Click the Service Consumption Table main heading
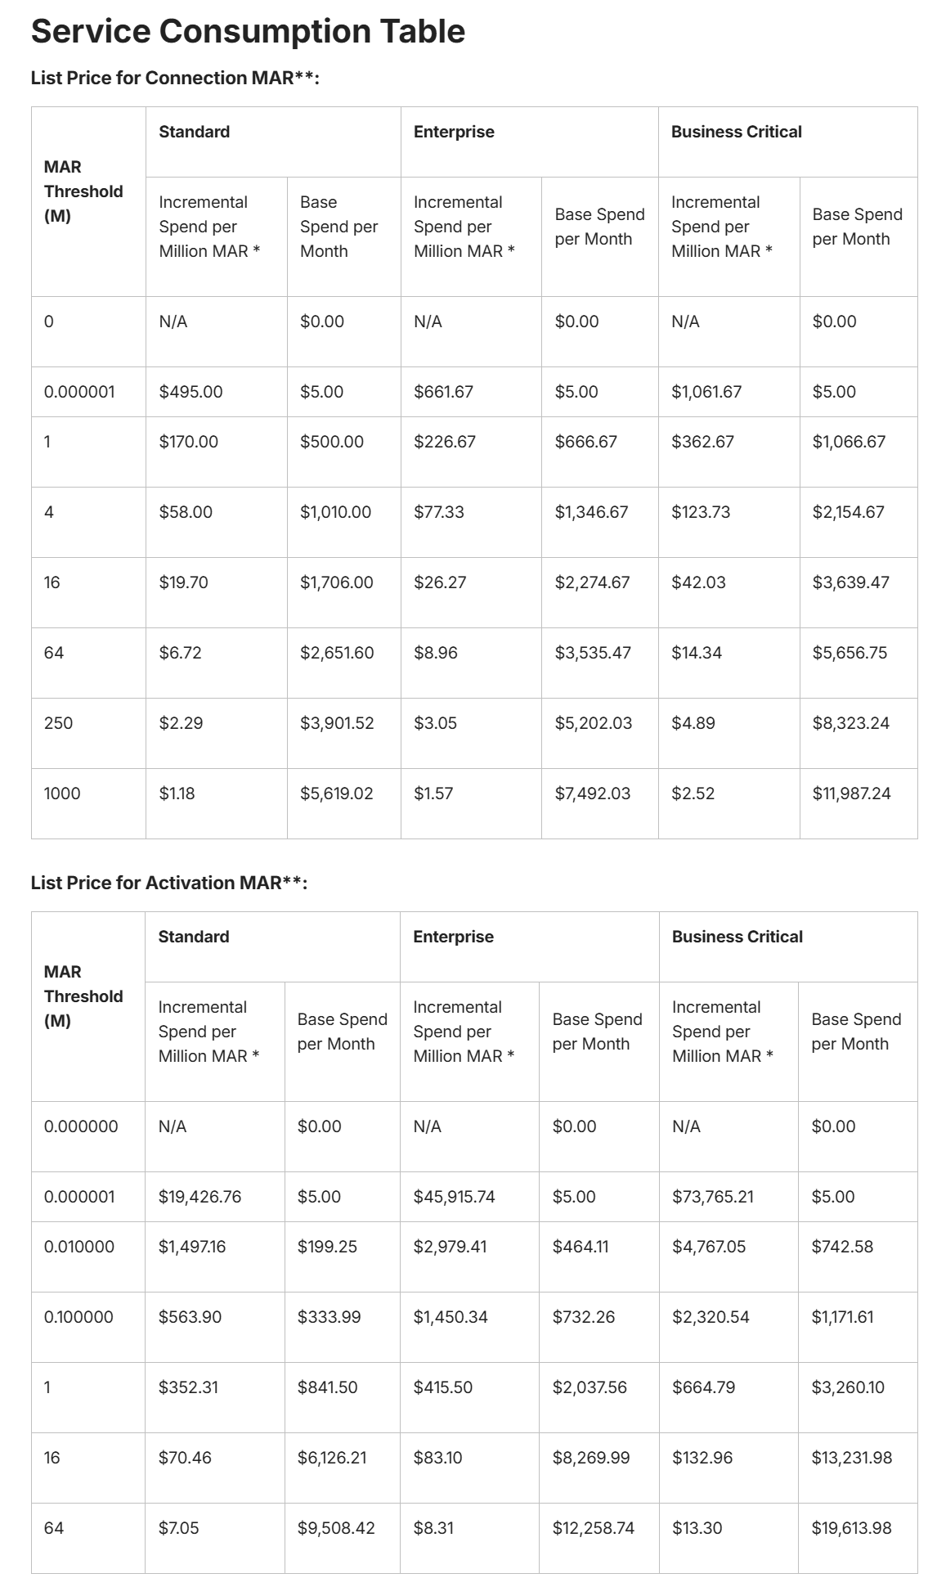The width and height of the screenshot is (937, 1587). [x=248, y=32]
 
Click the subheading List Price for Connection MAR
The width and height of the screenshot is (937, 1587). [x=174, y=78]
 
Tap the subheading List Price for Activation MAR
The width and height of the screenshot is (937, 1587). [x=168, y=883]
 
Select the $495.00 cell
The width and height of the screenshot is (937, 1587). [x=191, y=392]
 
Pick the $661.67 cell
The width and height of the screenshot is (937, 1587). [x=443, y=392]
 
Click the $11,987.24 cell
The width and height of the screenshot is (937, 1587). [x=851, y=793]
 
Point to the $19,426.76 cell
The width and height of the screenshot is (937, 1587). [x=200, y=1197]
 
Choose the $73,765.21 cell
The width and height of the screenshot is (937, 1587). [x=712, y=1197]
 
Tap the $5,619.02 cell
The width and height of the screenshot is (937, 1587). [x=336, y=793]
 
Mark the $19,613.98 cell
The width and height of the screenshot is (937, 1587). [x=851, y=1528]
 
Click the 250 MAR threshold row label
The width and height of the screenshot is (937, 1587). [x=58, y=723]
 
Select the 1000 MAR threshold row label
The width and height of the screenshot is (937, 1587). [x=62, y=793]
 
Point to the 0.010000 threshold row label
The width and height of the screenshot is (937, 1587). [x=79, y=1247]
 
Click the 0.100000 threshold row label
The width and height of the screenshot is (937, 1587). [x=78, y=1317]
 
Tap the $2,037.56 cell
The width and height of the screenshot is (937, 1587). [x=590, y=1387]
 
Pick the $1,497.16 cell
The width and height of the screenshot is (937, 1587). [x=191, y=1247]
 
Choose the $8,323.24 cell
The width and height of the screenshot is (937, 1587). [x=850, y=723]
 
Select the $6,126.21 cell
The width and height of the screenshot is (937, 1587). [x=332, y=1458]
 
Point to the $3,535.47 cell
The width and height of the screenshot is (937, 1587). [x=593, y=653]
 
